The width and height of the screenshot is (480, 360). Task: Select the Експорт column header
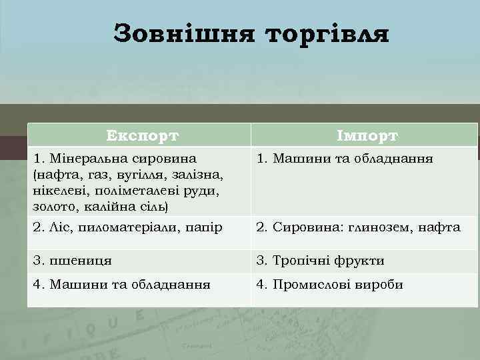(143, 136)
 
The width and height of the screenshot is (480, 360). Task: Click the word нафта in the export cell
(55, 175)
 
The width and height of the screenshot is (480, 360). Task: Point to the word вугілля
(134, 175)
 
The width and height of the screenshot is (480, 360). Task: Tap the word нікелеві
(53, 190)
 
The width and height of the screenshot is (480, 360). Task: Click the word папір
(203, 227)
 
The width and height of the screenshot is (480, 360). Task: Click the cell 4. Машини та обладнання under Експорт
(122, 285)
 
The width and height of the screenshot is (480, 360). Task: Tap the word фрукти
(360, 261)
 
